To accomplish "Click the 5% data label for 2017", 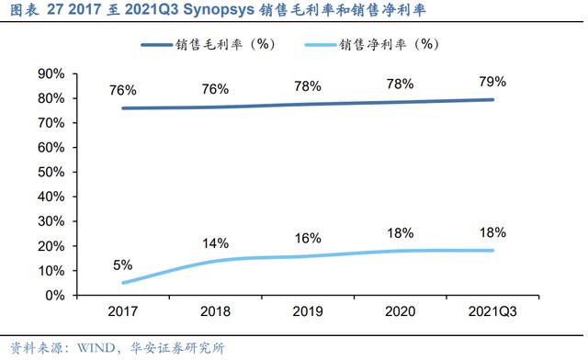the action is pyautogui.click(x=122, y=265).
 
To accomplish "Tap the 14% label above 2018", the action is pyautogui.click(x=215, y=243).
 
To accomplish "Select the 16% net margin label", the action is pyautogui.click(x=308, y=238).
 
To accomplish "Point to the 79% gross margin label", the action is pyautogui.click(x=492, y=82).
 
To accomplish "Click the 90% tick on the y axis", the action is pyautogui.click(x=51, y=73).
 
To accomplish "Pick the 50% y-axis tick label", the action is pyautogui.click(x=51, y=172).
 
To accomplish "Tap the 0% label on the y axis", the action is pyautogui.click(x=55, y=296).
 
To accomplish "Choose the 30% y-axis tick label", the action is pyautogui.click(x=51, y=221).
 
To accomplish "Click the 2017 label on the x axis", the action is pyautogui.click(x=122, y=311).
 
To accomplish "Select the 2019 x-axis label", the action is pyautogui.click(x=308, y=311).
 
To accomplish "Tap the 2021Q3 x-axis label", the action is pyautogui.click(x=492, y=311).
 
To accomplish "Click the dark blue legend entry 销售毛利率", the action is pyautogui.click(x=208, y=45).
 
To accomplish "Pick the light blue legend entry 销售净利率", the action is pyautogui.click(x=371, y=45).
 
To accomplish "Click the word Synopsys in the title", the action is pyautogui.click(x=219, y=10).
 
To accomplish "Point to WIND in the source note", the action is pyautogui.click(x=96, y=348).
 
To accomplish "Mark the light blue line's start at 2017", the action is pyautogui.click(x=123, y=283).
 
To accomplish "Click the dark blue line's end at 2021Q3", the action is pyautogui.click(x=492, y=100).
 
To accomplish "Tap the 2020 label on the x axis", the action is pyautogui.click(x=401, y=311).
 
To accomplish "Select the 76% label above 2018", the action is pyautogui.click(x=215, y=89).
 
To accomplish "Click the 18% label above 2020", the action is pyautogui.click(x=401, y=233).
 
